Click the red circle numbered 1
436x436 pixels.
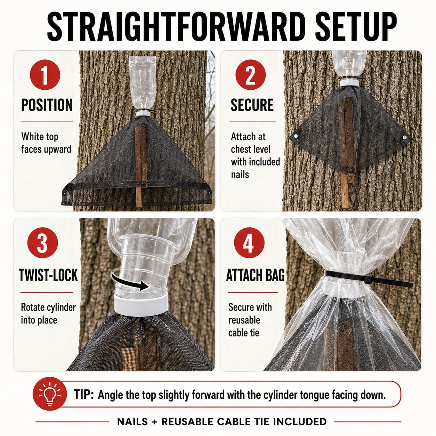point(45,75)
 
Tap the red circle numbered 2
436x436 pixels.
point(251,75)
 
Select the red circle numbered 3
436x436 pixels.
point(43,243)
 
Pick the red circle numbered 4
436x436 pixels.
point(249,243)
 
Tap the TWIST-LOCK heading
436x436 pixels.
point(48,275)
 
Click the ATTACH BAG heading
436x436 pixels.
point(256,275)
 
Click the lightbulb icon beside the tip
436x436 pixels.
point(50,394)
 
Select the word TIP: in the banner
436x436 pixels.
point(83,394)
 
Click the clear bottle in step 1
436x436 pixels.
point(143,83)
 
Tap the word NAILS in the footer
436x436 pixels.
point(132,421)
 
